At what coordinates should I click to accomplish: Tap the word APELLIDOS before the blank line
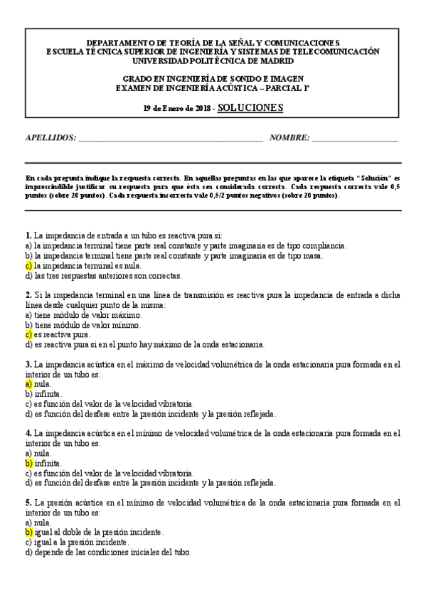point(50,139)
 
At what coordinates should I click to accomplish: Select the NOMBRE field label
point(289,139)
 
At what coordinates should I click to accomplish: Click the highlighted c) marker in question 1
point(28,265)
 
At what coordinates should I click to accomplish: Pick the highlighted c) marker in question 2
point(28,334)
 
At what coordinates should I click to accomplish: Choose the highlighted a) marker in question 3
point(28,383)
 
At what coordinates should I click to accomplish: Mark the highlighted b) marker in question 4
point(28,462)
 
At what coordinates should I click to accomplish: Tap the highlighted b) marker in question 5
point(28,531)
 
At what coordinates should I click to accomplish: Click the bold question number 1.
point(28,235)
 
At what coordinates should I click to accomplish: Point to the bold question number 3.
point(28,363)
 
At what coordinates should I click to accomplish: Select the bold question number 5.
point(28,502)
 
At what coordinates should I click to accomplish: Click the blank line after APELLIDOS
point(171,140)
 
